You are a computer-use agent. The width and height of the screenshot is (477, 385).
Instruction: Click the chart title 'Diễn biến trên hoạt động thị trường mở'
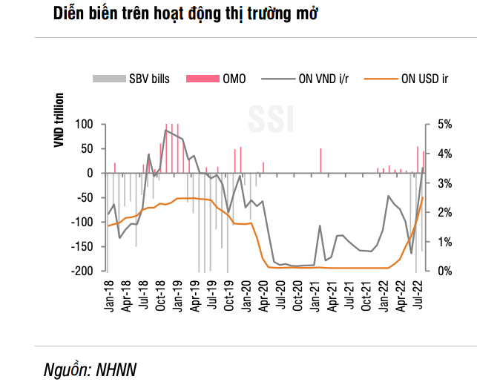click(186, 14)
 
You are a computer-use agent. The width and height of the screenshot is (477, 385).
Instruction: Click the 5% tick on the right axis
click(444, 124)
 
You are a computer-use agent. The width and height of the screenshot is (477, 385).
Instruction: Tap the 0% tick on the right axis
click(444, 271)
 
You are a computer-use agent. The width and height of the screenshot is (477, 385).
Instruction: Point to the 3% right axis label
click(444, 182)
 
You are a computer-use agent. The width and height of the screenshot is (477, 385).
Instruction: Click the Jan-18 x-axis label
click(109, 294)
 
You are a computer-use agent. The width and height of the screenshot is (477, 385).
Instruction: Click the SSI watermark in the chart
click(270, 116)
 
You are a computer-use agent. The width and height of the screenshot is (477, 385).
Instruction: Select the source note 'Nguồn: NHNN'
click(90, 369)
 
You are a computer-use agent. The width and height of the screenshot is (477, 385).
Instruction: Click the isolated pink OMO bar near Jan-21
click(320, 160)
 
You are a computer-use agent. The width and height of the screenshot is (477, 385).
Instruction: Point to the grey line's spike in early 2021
click(320, 226)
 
